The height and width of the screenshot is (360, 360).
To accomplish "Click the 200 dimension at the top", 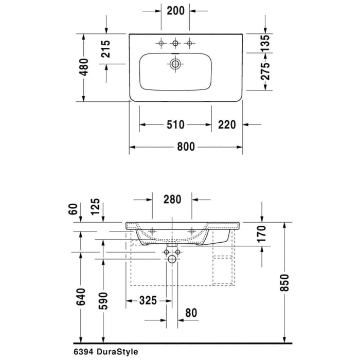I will (x=175, y=10).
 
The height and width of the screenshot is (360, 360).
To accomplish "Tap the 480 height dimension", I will (x=84, y=67).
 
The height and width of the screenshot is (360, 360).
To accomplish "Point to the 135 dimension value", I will (x=265, y=43).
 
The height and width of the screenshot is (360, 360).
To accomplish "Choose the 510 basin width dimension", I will (x=175, y=124).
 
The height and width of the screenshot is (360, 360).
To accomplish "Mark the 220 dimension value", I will (x=227, y=124).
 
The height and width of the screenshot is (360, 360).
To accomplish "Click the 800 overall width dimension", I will (x=186, y=147).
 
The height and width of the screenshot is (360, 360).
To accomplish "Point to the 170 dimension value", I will (x=262, y=235).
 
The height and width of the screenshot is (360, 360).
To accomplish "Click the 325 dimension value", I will (x=148, y=300).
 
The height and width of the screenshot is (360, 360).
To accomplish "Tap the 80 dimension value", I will (x=191, y=312).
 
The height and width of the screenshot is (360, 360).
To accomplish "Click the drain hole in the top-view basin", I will (x=175, y=64).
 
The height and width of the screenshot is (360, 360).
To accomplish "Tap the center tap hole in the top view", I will (x=175, y=44).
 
